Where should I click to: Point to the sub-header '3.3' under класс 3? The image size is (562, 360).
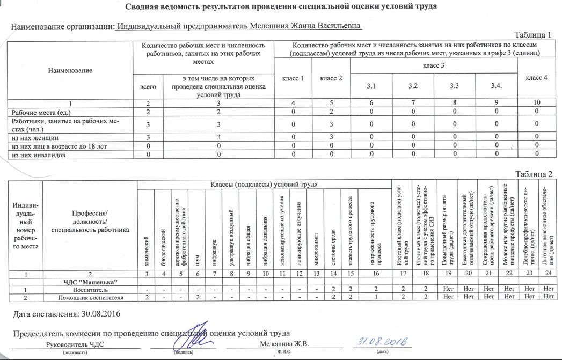[454, 85]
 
